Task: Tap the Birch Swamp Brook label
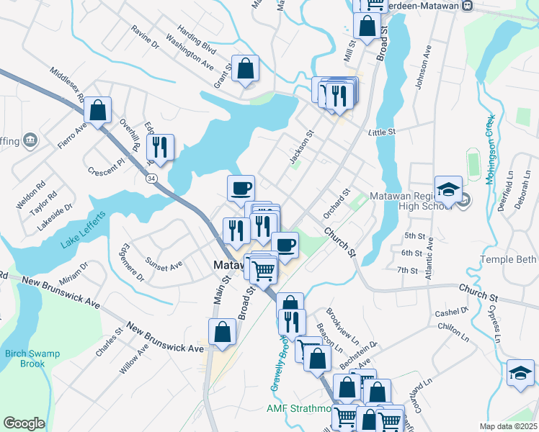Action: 32,359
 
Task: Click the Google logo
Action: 24,423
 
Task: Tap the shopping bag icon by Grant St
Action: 245,68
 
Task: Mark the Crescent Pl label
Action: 106,171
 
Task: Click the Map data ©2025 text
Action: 508,426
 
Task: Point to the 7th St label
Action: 409,270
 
